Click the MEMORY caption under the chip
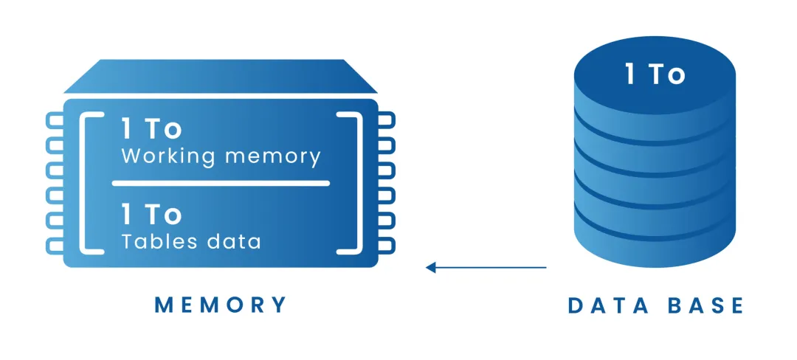[x=221, y=305]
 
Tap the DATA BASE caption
[x=656, y=306]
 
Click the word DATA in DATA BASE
[x=608, y=306]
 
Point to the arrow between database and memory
[x=486, y=267]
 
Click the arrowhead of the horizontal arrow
[x=430, y=267]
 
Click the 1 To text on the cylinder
[x=656, y=75]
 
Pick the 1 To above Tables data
[x=151, y=214]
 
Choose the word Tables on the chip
[x=159, y=241]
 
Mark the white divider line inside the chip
[x=221, y=183]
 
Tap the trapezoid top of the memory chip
[x=221, y=76]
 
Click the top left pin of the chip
[x=55, y=120]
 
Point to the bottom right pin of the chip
[x=386, y=246]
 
